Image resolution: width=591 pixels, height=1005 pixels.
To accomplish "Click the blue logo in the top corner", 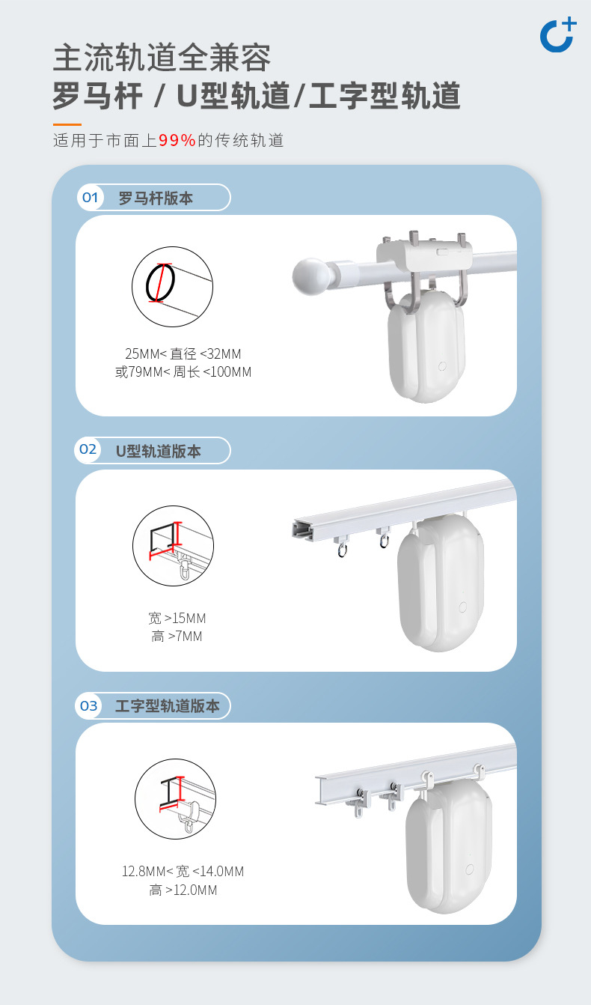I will pyautogui.click(x=557, y=34).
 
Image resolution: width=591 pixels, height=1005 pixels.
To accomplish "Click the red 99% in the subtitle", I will pyautogui.click(x=177, y=140).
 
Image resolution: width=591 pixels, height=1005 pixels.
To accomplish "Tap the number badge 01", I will pyautogui.click(x=90, y=198).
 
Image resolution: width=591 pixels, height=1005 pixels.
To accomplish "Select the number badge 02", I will pyautogui.click(x=88, y=450).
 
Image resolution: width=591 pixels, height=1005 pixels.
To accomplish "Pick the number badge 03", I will pyautogui.click(x=89, y=705).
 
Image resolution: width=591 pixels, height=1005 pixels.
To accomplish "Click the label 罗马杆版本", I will pyautogui.click(x=156, y=198).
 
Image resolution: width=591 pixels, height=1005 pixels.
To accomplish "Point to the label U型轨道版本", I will pyautogui.click(x=159, y=452).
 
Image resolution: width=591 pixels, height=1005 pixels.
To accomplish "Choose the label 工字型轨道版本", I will pyautogui.click(x=168, y=706).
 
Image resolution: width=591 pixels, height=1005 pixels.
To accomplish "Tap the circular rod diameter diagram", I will pyautogui.click(x=173, y=285).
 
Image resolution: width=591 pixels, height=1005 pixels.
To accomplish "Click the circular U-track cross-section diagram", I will pyautogui.click(x=173, y=546).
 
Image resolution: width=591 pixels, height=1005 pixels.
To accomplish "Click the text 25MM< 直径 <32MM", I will pyautogui.click(x=183, y=354).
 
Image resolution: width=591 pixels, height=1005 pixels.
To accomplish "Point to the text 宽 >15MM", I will pyautogui.click(x=177, y=619).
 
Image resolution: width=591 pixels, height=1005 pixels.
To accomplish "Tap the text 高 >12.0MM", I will pyautogui.click(x=183, y=890).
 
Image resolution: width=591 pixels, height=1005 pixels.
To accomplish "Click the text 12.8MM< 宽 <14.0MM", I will pyautogui.click(x=183, y=872).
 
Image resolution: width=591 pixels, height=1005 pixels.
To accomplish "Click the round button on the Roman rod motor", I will pyautogui.click(x=442, y=366).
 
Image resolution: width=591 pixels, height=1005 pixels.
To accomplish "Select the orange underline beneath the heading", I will pyautogui.click(x=67, y=124).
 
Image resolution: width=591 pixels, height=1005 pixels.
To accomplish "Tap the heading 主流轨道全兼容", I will pyautogui.click(x=162, y=58).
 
